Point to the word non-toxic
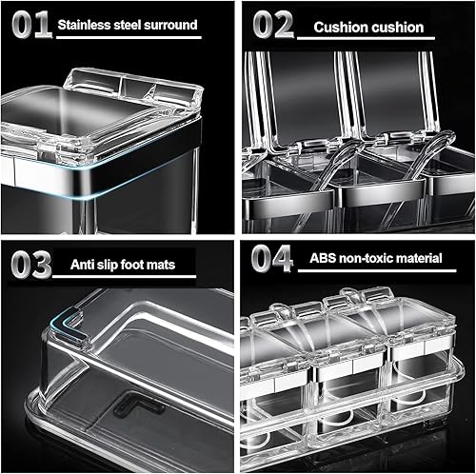tap(365, 256)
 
